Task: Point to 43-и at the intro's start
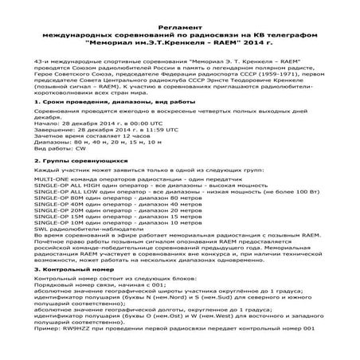(x=43, y=61)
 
